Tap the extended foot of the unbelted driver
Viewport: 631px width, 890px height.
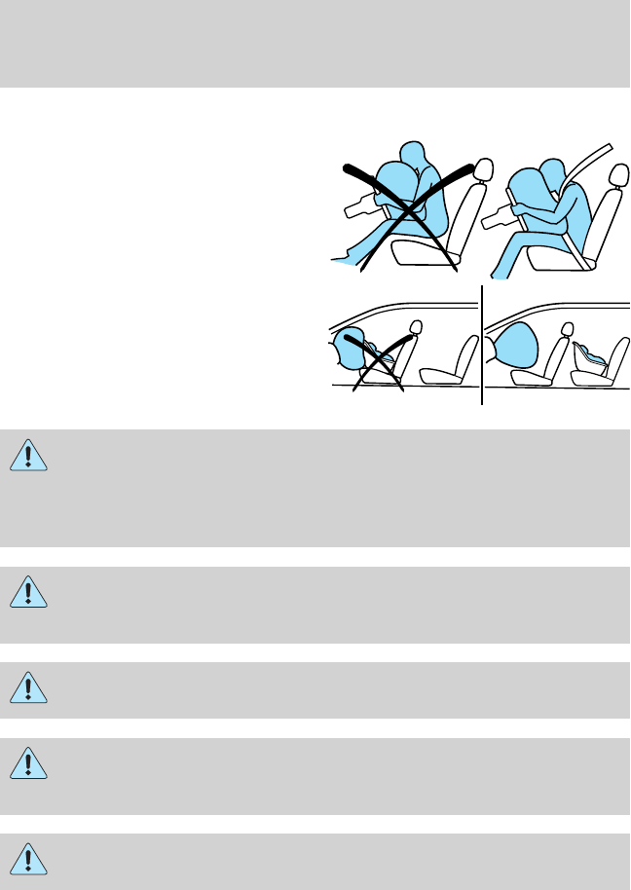[x=341, y=260]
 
